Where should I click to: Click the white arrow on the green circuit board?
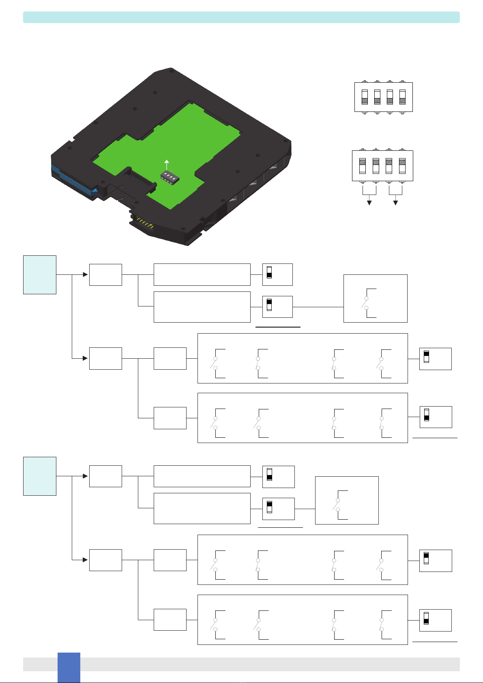166,164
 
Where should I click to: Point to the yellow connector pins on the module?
144,222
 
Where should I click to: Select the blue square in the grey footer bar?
69,667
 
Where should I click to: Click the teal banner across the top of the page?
241,17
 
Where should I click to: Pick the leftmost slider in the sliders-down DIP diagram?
365,97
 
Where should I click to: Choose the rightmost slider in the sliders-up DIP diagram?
402,165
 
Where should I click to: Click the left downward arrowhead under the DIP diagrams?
369,203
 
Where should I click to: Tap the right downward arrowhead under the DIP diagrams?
395,203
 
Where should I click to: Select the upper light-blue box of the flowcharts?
39,274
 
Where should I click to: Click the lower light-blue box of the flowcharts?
39,476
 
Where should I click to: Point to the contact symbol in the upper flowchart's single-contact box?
367,303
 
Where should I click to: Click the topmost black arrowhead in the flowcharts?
85,274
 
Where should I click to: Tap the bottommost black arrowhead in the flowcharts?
85,560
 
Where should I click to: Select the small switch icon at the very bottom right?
426,620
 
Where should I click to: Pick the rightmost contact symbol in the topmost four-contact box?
382,363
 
